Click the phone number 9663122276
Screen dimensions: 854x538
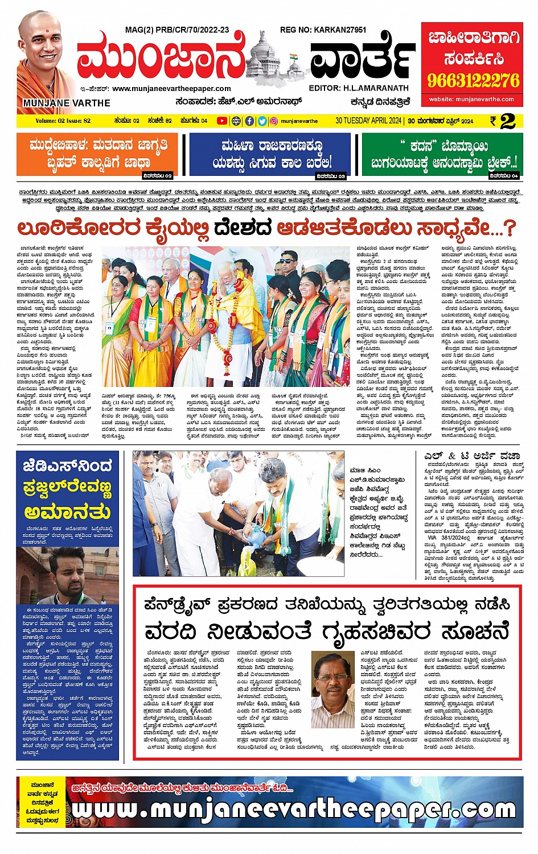473,80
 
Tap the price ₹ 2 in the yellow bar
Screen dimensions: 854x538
503,121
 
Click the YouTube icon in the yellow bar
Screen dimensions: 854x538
221,121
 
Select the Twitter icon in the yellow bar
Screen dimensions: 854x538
262,121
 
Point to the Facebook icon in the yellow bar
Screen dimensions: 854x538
249,121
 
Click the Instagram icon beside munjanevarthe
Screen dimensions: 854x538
274,121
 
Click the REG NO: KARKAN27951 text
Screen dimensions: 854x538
323,30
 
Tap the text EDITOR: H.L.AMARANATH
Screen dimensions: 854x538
359,88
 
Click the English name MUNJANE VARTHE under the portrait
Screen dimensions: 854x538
67,103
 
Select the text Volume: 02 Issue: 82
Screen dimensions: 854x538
63,121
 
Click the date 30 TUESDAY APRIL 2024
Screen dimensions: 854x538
368,121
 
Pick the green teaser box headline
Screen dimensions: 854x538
443,154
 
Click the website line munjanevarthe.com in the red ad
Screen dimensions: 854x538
472,99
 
